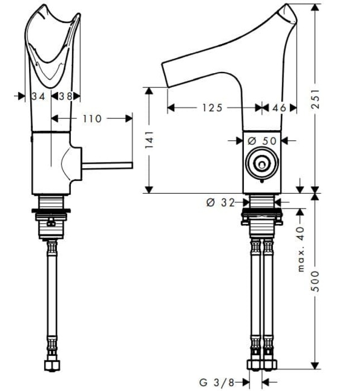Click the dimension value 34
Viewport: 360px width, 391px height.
pyautogui.click(x=38, y=96)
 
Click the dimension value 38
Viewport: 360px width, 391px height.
pyautogui.click(x=66, y=96)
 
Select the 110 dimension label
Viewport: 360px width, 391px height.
pyautogui.click(x=92, y=118)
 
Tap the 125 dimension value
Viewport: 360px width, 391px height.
pyautogui.click(x=213, y=108)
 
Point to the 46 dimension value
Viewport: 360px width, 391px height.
pyautogui.click(x=280, y=108)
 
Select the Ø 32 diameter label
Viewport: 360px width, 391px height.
pyautogui.click(x=219, y=203)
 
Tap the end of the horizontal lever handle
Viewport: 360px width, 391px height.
pyautogui.click(x=131, y=165)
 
